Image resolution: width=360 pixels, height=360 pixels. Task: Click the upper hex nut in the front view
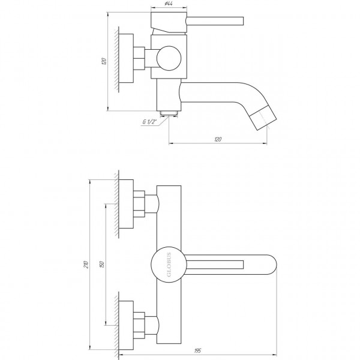[139, 205]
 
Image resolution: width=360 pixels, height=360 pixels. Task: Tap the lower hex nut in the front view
[139, 324]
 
